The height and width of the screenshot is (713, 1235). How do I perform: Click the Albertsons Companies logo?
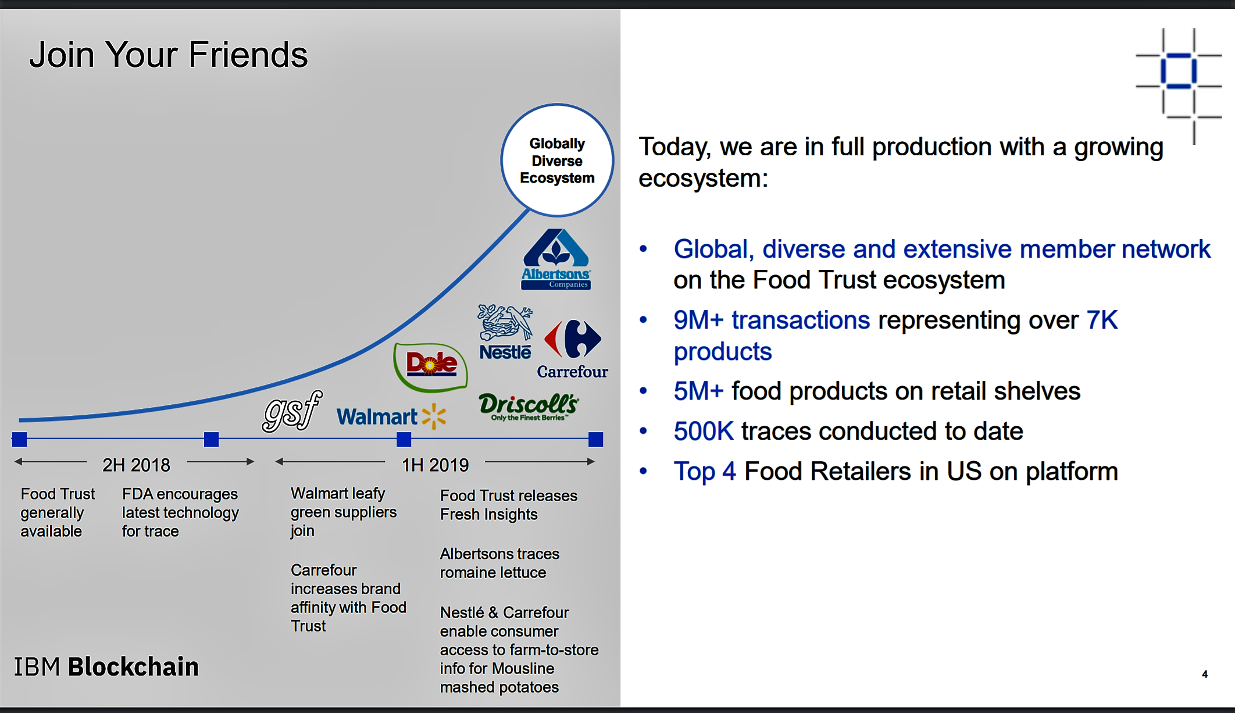tap(556, 259)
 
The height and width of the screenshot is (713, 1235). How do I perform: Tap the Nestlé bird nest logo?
tap(505, 332)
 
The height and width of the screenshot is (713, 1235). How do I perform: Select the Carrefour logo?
tap(573, 349)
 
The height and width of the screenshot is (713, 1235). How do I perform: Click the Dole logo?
tap(431, 366)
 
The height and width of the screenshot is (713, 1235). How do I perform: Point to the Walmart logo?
tap(391, 416)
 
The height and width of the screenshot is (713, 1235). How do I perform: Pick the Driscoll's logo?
tap(529, 407)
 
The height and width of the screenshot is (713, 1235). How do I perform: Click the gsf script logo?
tap(292, 411)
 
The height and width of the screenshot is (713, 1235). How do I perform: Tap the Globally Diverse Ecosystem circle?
tap(557, 161)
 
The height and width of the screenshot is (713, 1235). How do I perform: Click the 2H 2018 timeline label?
tap(136, 465)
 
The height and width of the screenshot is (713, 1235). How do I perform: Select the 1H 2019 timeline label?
tap(436, 465)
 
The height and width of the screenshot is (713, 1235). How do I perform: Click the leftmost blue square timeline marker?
tap(19, 440)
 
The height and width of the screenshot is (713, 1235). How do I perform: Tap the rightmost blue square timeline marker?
tap(595, 440)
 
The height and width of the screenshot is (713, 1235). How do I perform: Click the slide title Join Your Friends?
tap(169, 55)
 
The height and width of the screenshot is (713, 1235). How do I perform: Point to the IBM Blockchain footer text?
tap(106, 667)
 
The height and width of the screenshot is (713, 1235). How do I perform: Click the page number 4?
tap(1205, 674)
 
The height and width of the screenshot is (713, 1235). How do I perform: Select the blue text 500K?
tap(704, 432)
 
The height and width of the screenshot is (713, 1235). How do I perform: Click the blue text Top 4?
tap(705, 472)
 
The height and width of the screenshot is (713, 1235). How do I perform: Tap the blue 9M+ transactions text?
tap(772, 320)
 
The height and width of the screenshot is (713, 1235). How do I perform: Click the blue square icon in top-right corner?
tap(1179, 71)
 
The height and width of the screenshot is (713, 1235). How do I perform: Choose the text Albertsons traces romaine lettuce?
tap(499, 563)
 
